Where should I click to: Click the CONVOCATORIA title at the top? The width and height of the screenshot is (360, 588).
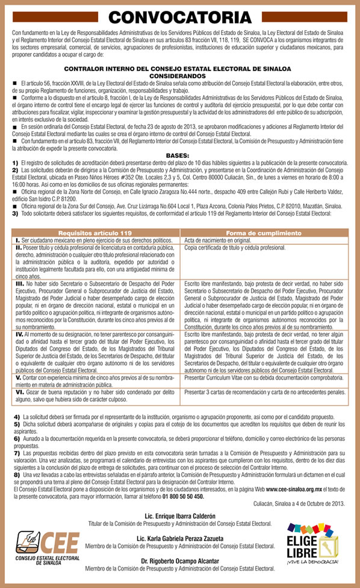(179, 17)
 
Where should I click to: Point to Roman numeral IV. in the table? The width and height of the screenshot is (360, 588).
(20, 333)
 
